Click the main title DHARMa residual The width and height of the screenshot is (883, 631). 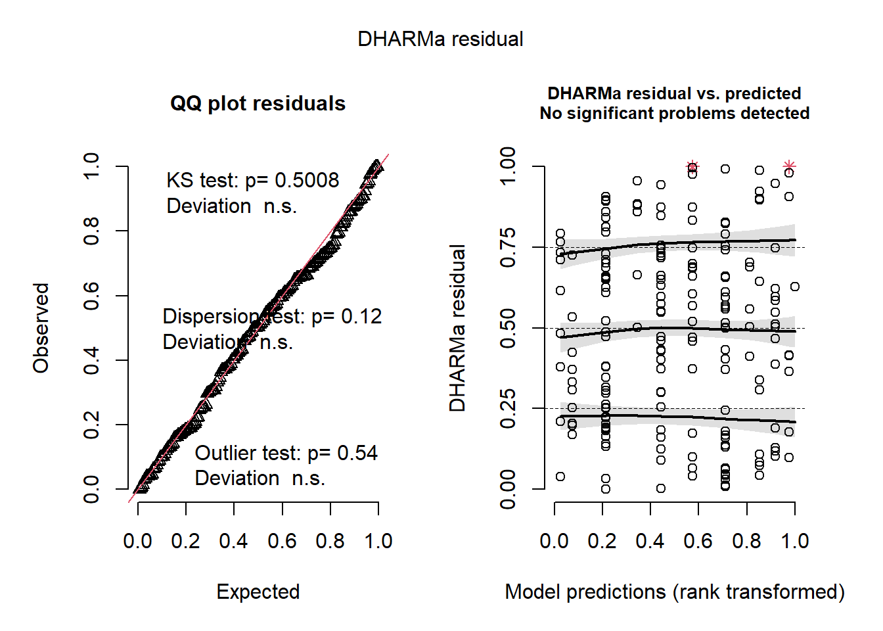click(440, 39)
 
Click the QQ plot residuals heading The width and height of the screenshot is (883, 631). click(258, 104)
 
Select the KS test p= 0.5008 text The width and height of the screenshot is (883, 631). click(252, 181)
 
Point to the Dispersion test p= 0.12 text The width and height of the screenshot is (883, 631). click(272, 317)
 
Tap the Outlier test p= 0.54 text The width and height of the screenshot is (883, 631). click(286, 454)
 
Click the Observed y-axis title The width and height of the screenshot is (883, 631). click(41, 328)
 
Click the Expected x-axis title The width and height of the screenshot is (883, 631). click(258, 592)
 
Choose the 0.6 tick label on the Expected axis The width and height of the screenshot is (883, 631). click(282, 542)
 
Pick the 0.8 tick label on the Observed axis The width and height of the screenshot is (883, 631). click(91, 231)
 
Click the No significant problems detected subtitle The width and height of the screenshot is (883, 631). click(674, 114)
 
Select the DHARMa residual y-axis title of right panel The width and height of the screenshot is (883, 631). click(457, 328)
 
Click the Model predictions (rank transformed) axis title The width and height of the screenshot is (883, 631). click(674, 592)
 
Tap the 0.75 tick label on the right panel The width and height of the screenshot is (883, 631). click(508, 248)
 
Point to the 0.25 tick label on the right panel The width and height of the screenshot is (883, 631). click(508, 409)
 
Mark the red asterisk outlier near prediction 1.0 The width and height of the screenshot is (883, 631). click(789, 166)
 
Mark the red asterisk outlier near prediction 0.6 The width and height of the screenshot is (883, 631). click(692, 166)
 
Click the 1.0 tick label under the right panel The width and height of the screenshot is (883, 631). click(795, 542)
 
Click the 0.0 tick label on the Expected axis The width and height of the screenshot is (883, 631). click(138, 542)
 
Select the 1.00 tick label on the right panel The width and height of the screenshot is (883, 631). click(508, 166)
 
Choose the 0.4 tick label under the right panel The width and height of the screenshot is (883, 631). click(650, 542)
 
